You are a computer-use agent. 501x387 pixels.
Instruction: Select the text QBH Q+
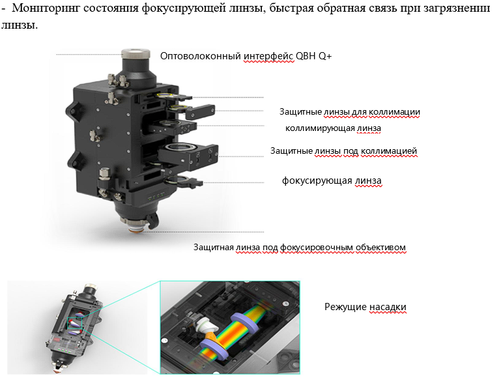(x=314, y=56)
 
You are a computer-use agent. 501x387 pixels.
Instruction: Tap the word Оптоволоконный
(x=201, y=56)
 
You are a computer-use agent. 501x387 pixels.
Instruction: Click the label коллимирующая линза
(x=334, y=128)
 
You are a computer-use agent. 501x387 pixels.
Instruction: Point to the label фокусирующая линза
(x=332, y=181)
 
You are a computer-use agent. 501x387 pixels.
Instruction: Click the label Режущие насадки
(x=365, y=307)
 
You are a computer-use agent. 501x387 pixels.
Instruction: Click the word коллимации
(x=394, y=112)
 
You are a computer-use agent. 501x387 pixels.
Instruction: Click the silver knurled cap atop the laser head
(x=136, y=53)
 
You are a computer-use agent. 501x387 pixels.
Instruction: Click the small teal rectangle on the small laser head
(x=75, y=322)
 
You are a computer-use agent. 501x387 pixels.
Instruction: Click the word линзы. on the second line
(x=20, y=25)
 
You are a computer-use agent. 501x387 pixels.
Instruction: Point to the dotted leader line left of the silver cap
(x=89, y=55)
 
